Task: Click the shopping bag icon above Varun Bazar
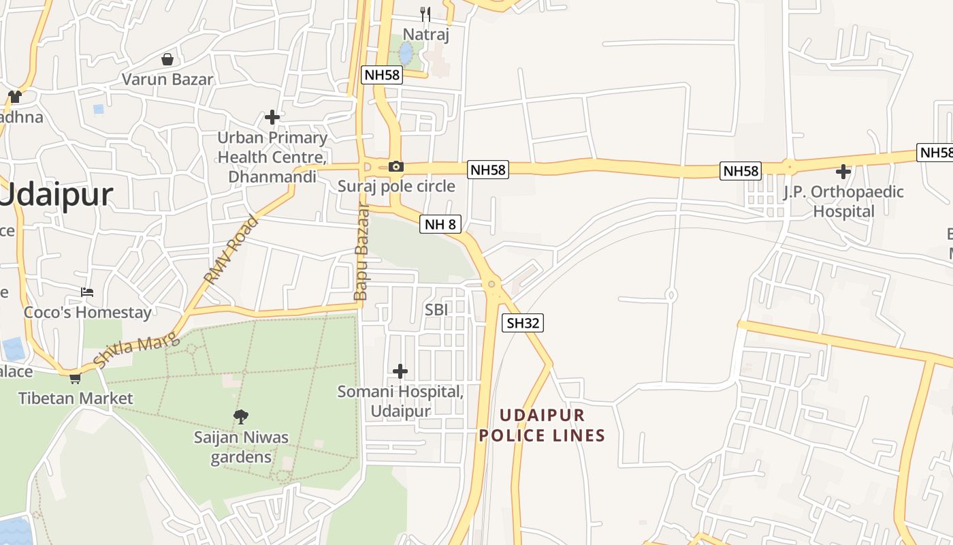[167, 59]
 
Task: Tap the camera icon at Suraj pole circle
[395, 166]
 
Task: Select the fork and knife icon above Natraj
[425, 14]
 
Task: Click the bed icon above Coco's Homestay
[87, 292]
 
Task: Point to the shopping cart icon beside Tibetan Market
[75, 377]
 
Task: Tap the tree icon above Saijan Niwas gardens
[240, 416]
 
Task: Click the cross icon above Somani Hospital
[400, 371]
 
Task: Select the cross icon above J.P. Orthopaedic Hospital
[843, 172]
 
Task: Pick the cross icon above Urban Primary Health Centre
[272, 117]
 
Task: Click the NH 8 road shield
[440, 223]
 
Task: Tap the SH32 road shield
[523, 323]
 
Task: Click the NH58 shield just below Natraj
[382, 75]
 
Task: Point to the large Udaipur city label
[56, 196]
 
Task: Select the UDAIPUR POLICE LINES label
[542, 426]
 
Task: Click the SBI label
[436, 309]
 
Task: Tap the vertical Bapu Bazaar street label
[361, 252]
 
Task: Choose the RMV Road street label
[232, 249]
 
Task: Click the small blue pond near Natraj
[406, 52]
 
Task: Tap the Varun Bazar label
[167, 79]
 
